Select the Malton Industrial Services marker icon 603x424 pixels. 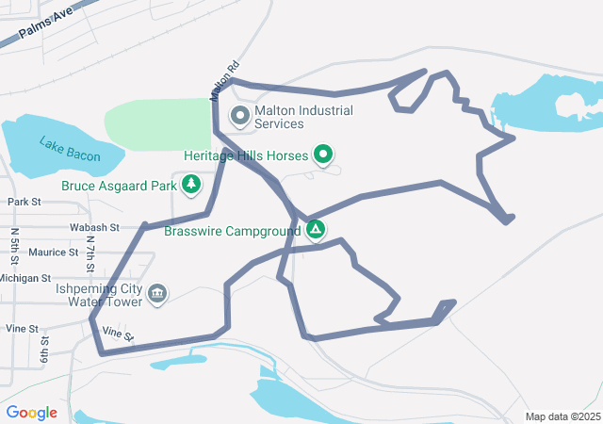[239, 117]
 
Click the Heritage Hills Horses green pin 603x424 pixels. [324, 154]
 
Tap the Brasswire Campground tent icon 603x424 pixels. [316, 229]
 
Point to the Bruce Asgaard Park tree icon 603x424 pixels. [192, 185]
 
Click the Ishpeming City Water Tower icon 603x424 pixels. [157, 295]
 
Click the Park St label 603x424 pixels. [24, 202]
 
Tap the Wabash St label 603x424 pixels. [94, 227]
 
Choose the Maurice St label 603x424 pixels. [53, 253]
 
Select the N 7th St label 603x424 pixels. [90, 251]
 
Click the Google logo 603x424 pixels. [32, 413]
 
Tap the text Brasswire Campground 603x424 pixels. [232, 230]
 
